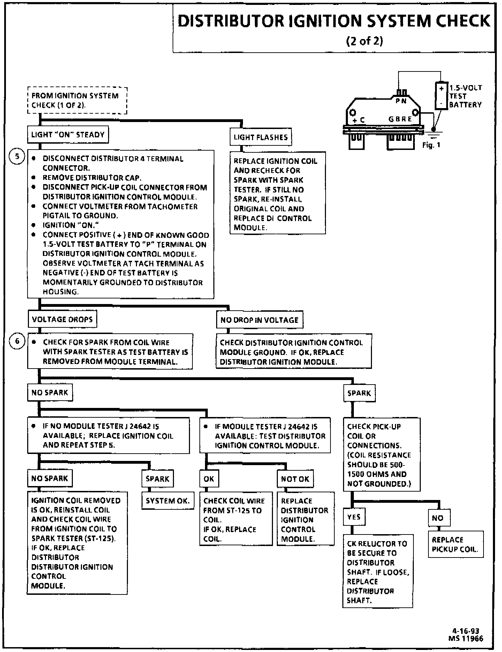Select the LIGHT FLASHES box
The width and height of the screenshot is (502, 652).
[260, 137]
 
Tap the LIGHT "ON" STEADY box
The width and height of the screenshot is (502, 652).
[68, 135]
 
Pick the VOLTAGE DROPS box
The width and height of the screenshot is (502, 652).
[62, 319]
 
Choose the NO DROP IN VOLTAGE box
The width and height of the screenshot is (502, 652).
[259, 320]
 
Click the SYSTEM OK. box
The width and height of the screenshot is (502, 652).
[167, 501]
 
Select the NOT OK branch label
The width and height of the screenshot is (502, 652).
[295, 479]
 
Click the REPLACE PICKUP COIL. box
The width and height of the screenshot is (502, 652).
[455, 544]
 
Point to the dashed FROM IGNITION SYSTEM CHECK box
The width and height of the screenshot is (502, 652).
[77, 100]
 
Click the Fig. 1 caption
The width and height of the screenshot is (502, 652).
[431, 145]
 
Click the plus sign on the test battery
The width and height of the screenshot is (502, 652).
[441, 89]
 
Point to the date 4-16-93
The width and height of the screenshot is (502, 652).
[465, 631]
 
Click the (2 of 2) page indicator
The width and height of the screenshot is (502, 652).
[364, 41]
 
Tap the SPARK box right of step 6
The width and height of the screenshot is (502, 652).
[359, 393]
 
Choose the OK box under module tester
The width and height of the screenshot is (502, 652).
[209, 479]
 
